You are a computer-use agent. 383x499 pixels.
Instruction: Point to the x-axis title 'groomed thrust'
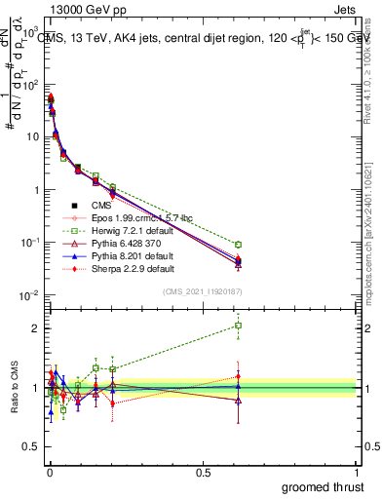click(324, 485)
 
